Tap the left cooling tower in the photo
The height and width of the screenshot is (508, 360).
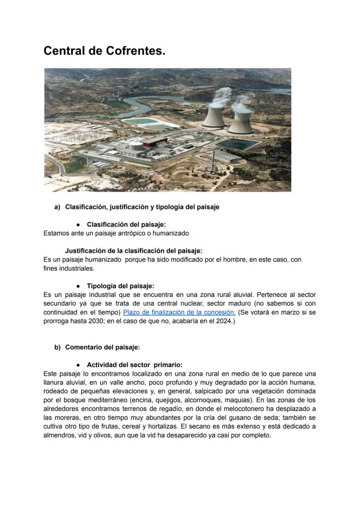[214, 116]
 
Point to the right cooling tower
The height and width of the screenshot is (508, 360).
[240, 122]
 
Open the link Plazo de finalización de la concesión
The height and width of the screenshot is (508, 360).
[179, 312]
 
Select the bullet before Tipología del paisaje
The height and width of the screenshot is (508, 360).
[77, 286]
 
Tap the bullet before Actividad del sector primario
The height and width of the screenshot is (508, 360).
[77, 365]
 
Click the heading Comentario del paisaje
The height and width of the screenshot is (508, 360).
[102, 347]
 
